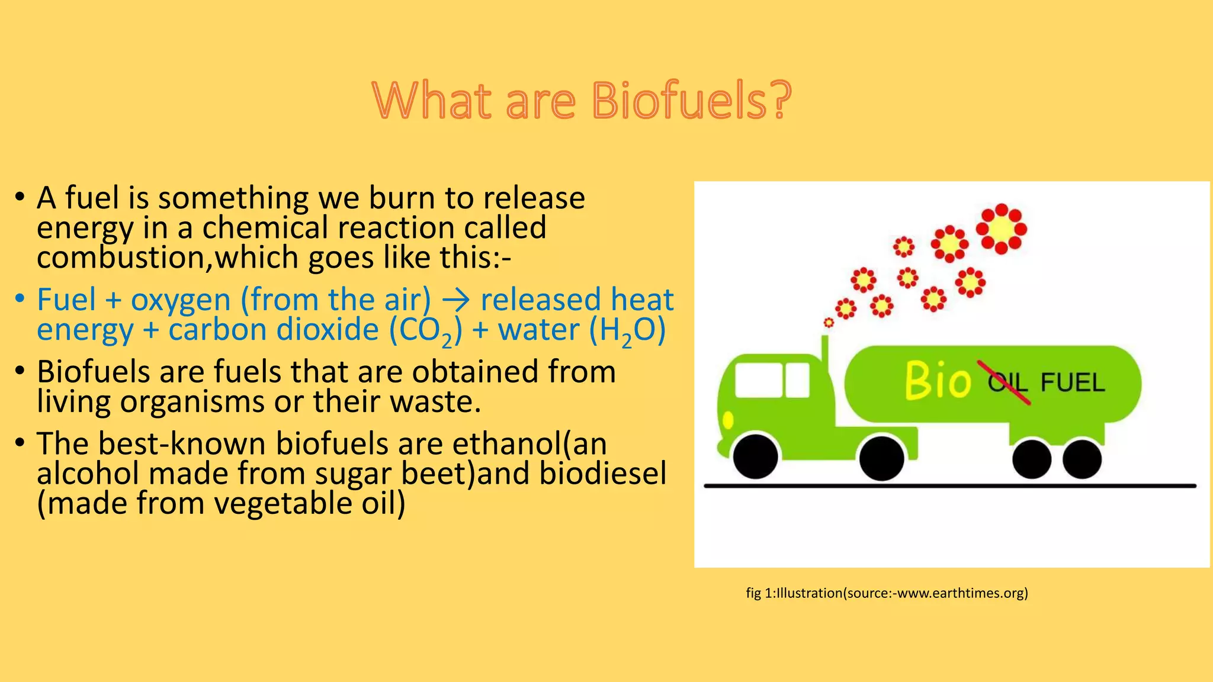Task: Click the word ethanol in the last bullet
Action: pyautogui.click(x=506, y=444)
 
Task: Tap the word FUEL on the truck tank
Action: pyautogui.click(x=1073, y=383)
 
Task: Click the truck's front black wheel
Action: pyautogui.click(x=756, y=457)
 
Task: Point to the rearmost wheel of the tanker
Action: pyautogui.click(x=1082, y=459)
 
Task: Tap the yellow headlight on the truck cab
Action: pyautogui.click(x=728, y=420)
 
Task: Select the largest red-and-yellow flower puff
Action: pyautogui.click(x=1002, y=229)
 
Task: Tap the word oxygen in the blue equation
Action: pyautogui.click(x=181, y=300)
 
